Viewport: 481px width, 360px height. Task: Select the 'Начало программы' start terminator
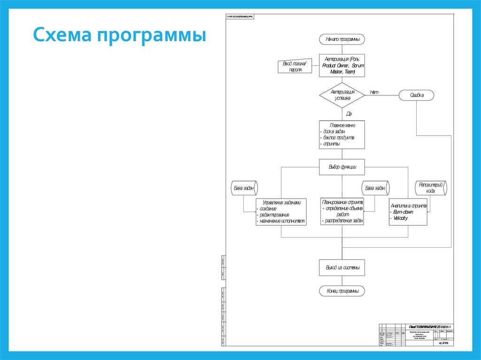tap(342, 39)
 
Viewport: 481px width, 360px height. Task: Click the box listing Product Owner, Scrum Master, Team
tap(342, 66)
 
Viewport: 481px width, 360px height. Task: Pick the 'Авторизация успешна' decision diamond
tap(342, 95)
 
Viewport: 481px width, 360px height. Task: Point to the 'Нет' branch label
tap(374, 92)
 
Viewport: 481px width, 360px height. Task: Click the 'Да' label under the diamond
tap(349, 114)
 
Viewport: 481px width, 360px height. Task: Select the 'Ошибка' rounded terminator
tap(417, 95)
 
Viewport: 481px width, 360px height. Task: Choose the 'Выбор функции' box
tap(342, 167)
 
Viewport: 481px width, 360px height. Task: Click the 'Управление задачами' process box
tap(281, 211)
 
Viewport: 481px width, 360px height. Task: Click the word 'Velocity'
tap(400, 218)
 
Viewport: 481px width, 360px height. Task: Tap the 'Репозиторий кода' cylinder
tap(430, 188)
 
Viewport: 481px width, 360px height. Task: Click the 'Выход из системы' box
tap(342, 268)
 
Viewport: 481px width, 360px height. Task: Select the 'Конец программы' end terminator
tap(342, 291)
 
